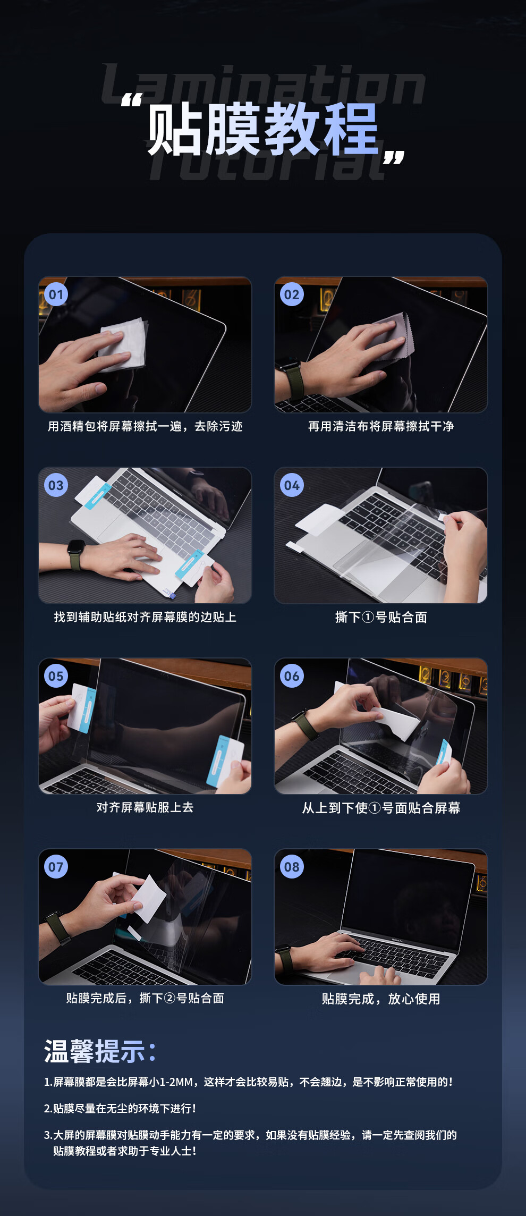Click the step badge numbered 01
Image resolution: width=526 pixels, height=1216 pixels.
click(x=56, y=294)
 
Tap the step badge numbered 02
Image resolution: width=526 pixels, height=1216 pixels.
click(x=292, y=294)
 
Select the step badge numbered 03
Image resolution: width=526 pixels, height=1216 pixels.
click(x=56, y=485)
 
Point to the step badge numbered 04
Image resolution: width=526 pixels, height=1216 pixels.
click(x=292, y=485)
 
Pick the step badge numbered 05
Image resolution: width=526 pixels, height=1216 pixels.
click(x=56, y=676)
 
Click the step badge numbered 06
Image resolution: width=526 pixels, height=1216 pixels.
click(x=292, y=676)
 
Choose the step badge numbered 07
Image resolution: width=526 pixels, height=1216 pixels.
click(x=56, y=867)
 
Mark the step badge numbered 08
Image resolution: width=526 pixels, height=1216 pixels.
click(x=292, y=867)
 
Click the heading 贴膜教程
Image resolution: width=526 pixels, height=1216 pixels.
click(x=262, y=129)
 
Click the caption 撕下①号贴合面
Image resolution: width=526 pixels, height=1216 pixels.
click(x=381, y=617)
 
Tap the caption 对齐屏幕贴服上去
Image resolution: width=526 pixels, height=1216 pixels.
click(x=145, y=807)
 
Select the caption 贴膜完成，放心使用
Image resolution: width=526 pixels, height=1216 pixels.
click(x=381, y=999)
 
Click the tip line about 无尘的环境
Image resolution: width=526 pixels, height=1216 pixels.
click(x=120, y=1108)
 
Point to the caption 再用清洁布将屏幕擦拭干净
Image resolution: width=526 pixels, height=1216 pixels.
click(x=381, y=426)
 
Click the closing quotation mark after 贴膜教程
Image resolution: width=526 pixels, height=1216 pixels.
click(x=394, y=157)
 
